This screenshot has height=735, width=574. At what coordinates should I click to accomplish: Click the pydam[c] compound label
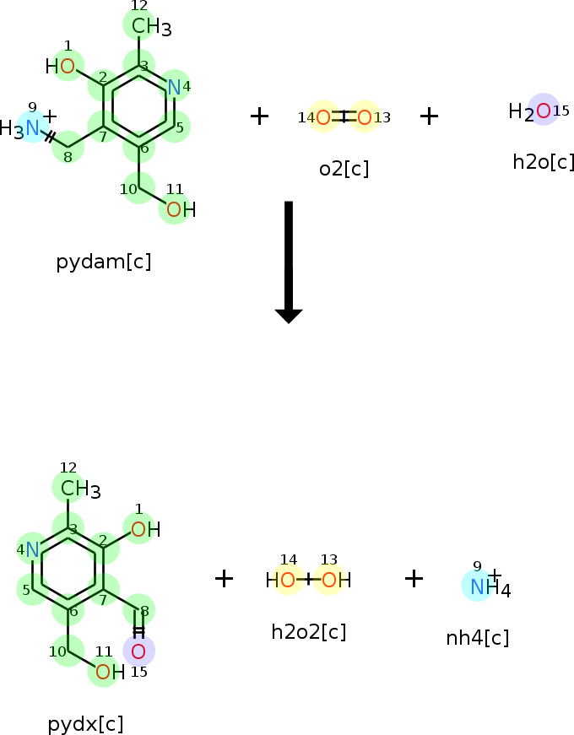click(104, 262)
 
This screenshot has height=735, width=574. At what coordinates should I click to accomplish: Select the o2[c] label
click(344, 169)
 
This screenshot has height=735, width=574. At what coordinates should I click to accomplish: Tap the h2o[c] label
click(543, 162)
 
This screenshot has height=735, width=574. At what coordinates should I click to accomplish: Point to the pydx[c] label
click(85, 723)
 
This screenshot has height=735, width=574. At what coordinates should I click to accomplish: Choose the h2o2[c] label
click(309, 631)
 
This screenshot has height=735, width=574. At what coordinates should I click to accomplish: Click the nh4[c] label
click(477, 638)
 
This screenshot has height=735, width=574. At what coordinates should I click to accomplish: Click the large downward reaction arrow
click(289, 262)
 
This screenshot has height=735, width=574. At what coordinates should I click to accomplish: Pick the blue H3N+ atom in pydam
click(32, 127)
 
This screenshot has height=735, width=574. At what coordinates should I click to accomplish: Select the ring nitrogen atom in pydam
click(174, 87)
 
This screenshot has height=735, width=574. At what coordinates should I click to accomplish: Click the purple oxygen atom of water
click(543, 111)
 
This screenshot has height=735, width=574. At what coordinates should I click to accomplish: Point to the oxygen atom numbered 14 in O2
click(323, 117)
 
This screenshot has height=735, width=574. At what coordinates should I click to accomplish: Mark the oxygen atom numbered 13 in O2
click(365, 117)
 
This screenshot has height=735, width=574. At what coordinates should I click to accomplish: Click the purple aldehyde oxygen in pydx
click(138, 651)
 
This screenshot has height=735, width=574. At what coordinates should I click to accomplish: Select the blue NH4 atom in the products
click(478, 586)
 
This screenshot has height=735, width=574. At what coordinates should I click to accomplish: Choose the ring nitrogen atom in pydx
click(32, 550)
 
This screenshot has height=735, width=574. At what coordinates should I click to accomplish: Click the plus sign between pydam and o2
click(259, 116)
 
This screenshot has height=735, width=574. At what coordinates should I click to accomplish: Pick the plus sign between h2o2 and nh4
click(413, 578)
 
